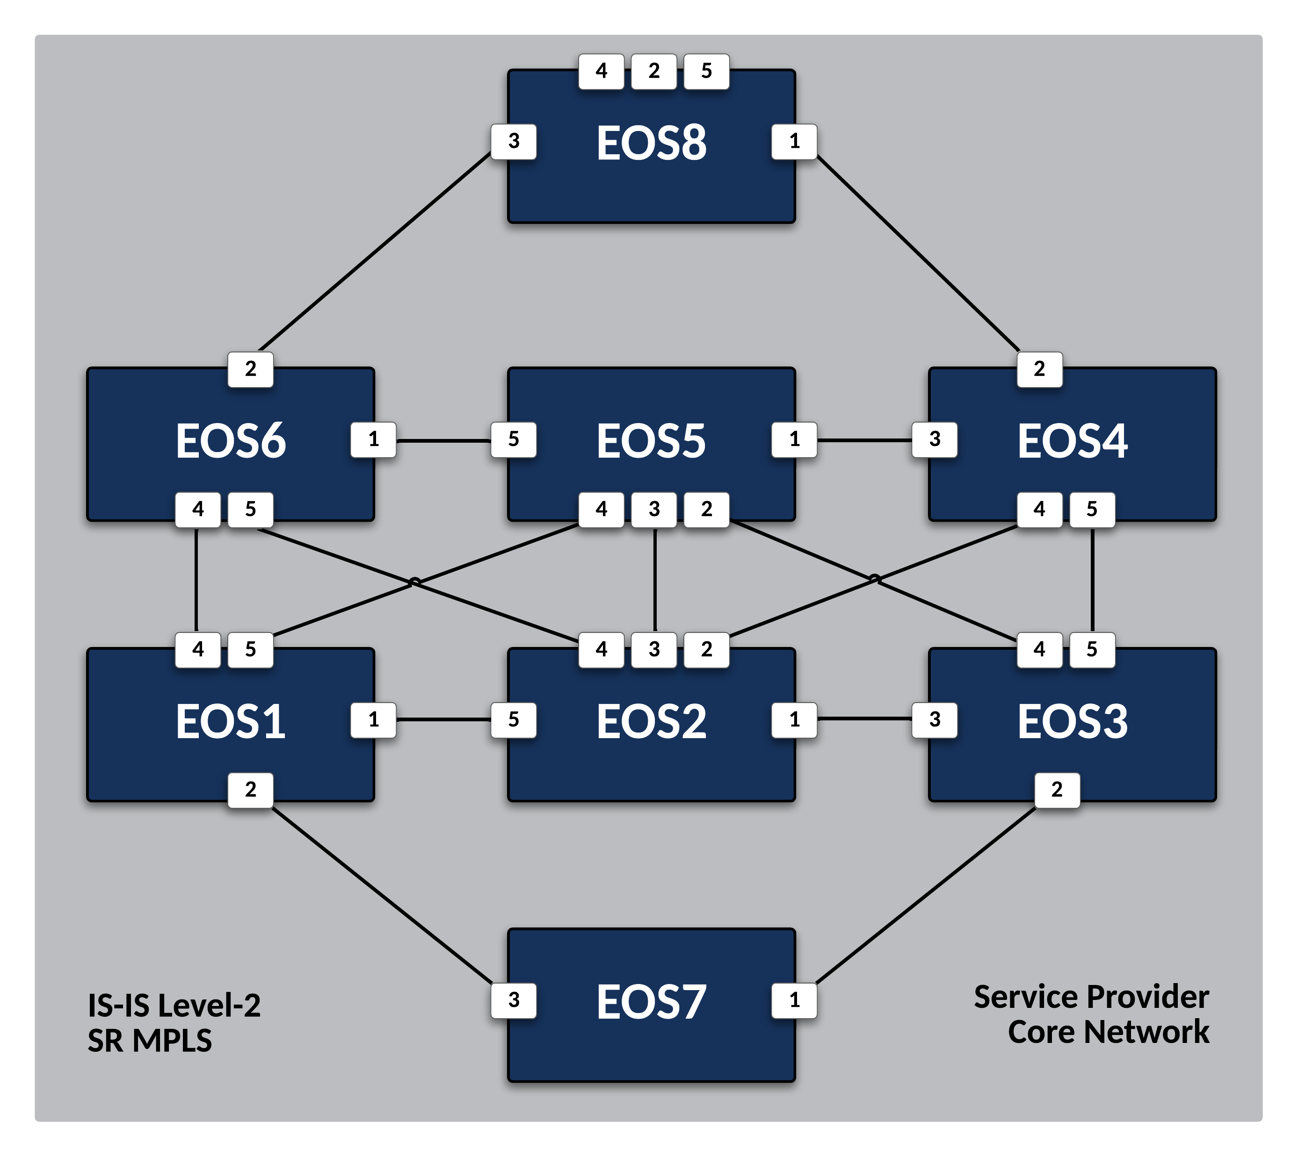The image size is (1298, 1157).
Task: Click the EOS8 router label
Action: (x=651, y=143)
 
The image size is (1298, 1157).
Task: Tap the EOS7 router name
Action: (x=651, y=1002)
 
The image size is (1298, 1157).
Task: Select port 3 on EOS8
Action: (x=514, y=141)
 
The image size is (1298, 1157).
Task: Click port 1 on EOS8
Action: (x=794, y=141)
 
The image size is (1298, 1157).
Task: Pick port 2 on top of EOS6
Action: (x=251, y=369)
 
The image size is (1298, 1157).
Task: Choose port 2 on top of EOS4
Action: (x=1039, y=369)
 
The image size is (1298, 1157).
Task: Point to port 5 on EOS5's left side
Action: (x=514, y=439)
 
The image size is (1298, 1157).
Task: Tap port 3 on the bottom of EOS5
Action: (x=654, y=509)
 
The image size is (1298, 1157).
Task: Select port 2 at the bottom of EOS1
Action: (x=251, y=790)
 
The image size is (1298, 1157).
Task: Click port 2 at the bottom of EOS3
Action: (x=1057, y=790)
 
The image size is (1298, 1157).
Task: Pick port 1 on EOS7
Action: (x=794, y=1000)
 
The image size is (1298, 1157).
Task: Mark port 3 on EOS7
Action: (x=514, y=1000)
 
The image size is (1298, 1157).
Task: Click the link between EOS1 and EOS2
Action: (x=444, y=719)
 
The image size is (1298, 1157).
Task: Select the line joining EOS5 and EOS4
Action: (x=864, y=440)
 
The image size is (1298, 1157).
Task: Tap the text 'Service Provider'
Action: (x=1091, y=997)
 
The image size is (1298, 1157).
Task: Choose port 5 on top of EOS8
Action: (x=706, y=71)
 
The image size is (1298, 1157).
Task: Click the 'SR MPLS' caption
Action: (x=150, y=1041)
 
